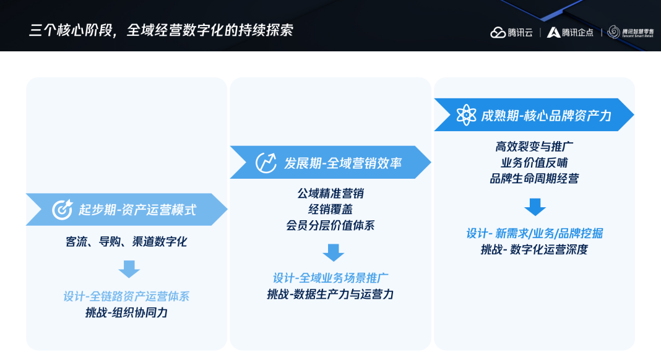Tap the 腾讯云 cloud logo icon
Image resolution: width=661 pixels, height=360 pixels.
(x=498, y=32)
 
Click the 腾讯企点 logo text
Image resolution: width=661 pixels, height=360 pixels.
(x=577, y=32)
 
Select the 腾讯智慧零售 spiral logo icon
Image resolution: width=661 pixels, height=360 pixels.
(x=614, y=32)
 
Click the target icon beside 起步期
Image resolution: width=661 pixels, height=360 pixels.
(x=63, y=210)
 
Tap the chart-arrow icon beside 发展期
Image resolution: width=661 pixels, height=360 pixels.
(x=266, y=163)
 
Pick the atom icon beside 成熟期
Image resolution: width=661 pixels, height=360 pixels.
(x=466, y=114)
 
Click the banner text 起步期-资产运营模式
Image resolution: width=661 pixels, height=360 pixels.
(x=137, y=210)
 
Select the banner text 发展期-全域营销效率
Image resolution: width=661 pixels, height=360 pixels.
(x=343, y=163)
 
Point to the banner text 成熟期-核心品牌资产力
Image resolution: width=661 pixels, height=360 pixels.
(x=547, y=116)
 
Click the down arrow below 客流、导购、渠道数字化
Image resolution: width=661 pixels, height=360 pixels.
(x=129, y=269)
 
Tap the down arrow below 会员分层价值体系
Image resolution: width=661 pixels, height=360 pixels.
(x=334, y=252)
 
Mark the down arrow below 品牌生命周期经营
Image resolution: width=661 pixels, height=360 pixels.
(x=535, y=207)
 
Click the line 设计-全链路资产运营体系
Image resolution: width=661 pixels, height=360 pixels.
(x=126, y=296)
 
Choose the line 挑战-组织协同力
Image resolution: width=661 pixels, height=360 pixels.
(x=126, y=312)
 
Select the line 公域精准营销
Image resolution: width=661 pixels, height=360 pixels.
(x=330, y=194)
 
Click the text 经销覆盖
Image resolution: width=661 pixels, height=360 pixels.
(x=330, y=210)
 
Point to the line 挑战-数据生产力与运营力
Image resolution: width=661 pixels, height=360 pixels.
(x=330, y=294)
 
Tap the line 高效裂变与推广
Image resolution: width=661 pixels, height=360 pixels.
(x=534, y=147)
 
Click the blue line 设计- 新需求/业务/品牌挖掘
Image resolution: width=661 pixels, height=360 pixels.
(x=535, y=234)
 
